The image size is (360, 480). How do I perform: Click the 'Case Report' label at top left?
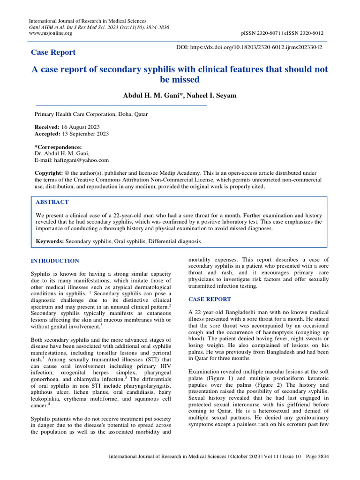coord(53,52)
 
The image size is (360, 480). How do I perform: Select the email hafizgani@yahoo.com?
coord(72,160)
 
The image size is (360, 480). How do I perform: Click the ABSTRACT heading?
coord(52,202)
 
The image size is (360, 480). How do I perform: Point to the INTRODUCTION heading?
coord(55,261)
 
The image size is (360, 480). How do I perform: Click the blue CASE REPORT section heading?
coord(209,299)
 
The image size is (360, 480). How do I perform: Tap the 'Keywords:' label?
coord(50,241)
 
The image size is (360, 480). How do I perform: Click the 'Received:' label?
coord(47,127)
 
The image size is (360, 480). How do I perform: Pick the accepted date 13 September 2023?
coord(85,134)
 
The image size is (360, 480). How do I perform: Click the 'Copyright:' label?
coord(49,173)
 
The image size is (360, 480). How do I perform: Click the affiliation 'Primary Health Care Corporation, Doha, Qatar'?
coord(92,114)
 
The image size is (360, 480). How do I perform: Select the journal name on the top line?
coord(88,21)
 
